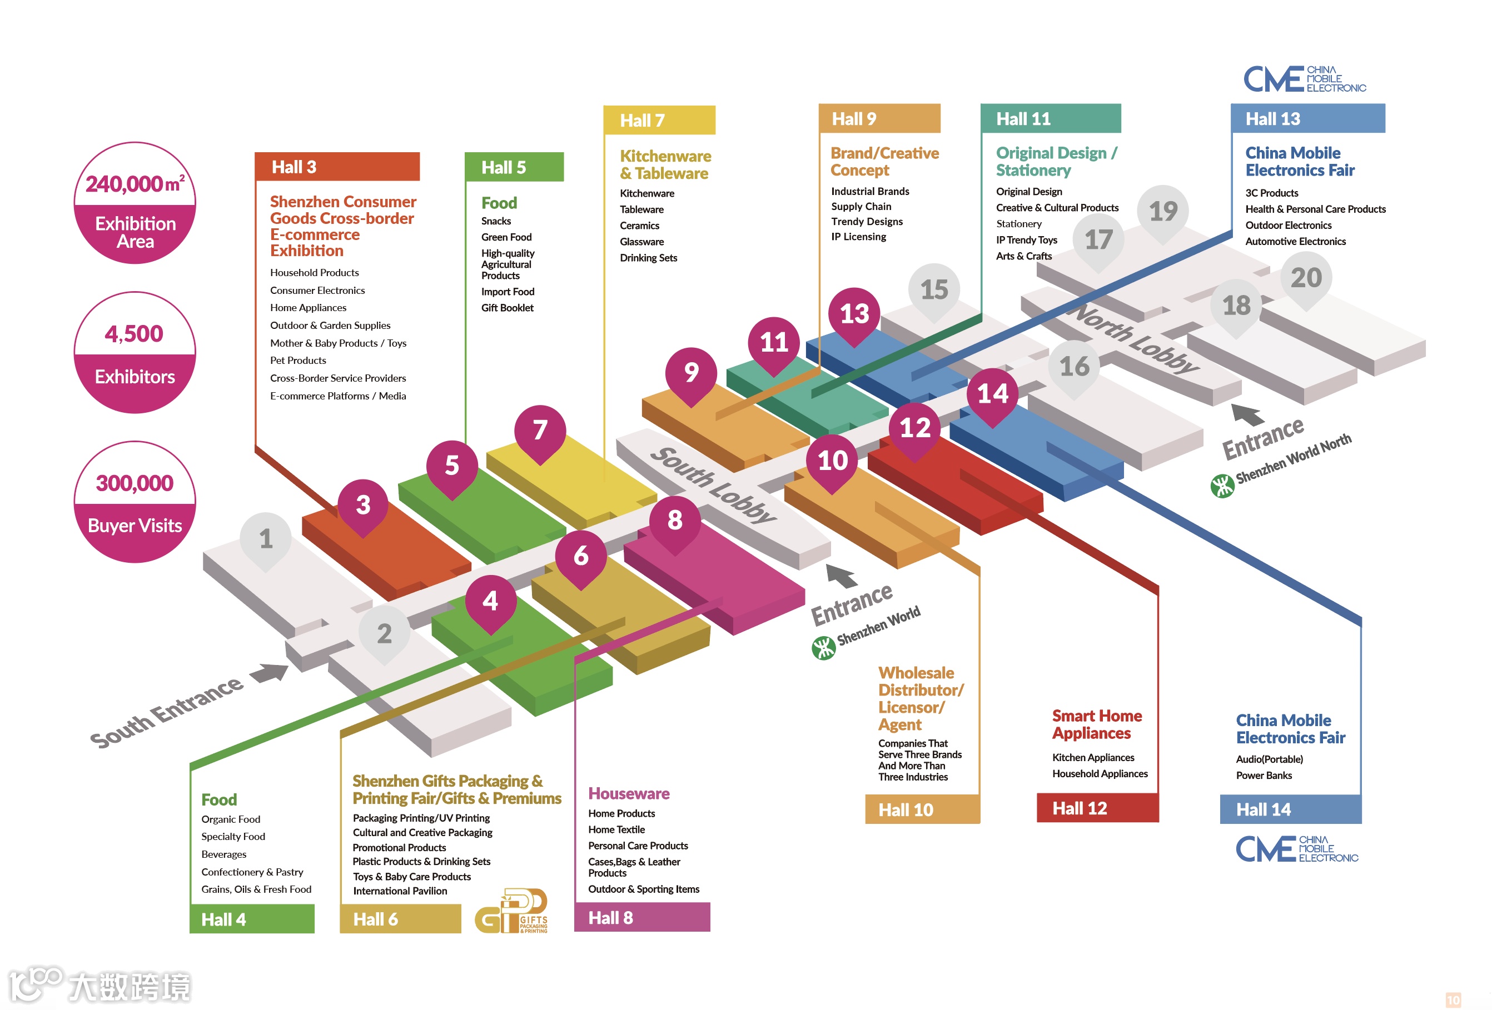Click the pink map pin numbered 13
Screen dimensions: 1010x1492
point(854,314)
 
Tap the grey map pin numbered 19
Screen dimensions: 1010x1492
point(1163,211)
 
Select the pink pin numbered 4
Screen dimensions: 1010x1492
point(490,601)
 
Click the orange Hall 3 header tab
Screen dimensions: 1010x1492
point(337,167)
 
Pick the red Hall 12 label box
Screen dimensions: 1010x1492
point(1097,808)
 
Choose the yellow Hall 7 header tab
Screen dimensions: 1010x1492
point(659,120)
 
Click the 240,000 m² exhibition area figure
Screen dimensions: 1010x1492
point(135,184)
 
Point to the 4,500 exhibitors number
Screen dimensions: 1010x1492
point(134,334)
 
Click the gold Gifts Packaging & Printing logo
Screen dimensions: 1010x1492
point(511,911)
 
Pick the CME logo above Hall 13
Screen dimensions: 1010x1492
point(1305,79)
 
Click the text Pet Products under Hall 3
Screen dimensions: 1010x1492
point(298,361)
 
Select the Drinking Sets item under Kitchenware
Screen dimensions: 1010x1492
point(648,258)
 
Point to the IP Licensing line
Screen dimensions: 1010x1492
point(858,237)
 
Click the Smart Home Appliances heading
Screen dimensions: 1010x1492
point(1097,724)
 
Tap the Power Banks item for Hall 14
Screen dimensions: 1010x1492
point(1264,775)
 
